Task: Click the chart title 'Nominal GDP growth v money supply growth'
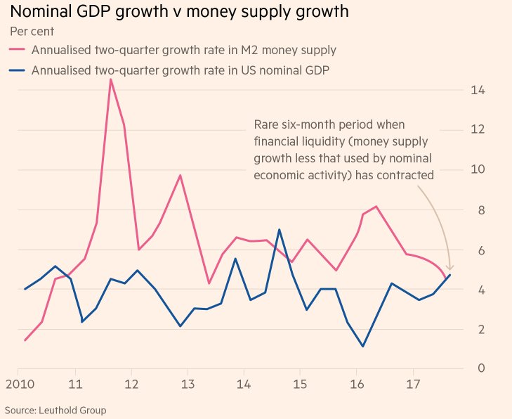pyautogui.click(x=179, y=12)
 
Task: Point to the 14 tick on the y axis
pyautogui.click(x=478, y=91)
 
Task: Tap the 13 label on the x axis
pyautogui.click(x=188, y=385)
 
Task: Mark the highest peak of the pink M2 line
pyautogui.click(x=110, y=79)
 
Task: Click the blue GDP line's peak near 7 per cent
pyautogui.click(x=279, y=229)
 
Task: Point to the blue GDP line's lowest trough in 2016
pyautogui.click(x=362, y=346)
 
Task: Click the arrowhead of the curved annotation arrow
pyautogui.click(x=450, y=269)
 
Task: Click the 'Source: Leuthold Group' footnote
pyautogui.click(x=55, y=410)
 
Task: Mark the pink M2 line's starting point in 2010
pyautogui.click(x=25, y=340)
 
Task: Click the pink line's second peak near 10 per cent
pyautogui.click(x=180, y=175)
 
